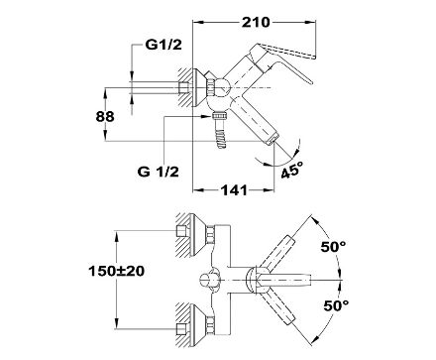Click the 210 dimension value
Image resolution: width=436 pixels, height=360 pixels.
coord(256,23)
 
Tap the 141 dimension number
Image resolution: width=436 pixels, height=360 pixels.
coord(234,190)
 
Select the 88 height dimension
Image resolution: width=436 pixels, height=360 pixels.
coord(105,116)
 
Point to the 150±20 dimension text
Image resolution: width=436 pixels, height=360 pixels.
coord(116,272)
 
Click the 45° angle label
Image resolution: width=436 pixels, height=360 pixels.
coord(292,170)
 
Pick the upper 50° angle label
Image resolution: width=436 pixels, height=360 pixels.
coord(333,247)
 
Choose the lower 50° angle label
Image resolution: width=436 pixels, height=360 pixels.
coord(336,305)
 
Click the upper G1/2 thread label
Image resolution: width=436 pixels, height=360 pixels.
coord(163,45)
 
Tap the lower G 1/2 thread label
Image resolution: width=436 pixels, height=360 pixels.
coord(159,172)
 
